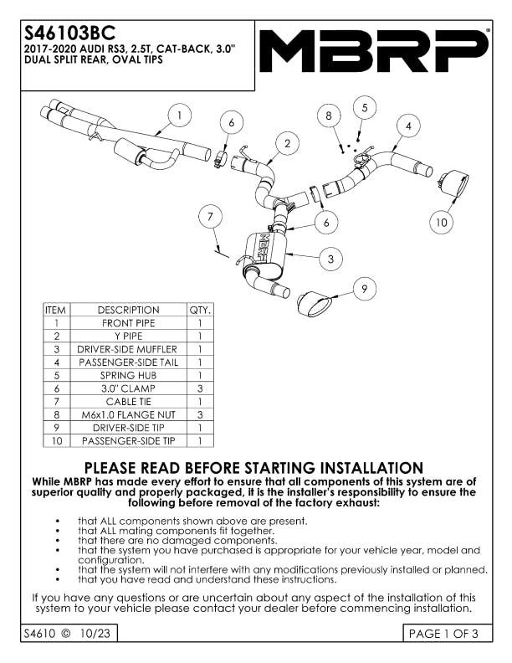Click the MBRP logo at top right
coord(374,51)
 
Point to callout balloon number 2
coord(286,144)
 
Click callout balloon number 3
coord(330,260)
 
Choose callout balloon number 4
coord(408,126)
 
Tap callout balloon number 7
coord(211,216)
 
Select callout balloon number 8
coord(330,115)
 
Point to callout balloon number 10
coord(441,222)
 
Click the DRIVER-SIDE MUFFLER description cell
coord(127,349)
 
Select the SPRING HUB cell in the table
coord(127,376)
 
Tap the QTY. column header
coord(201,310)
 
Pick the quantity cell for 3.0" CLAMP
coord(201,388)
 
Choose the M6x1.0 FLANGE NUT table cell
coord(127,414)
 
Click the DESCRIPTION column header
coord(127,310)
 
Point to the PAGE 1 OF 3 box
coord(443,634)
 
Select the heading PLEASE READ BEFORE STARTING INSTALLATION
coord(254,468)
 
